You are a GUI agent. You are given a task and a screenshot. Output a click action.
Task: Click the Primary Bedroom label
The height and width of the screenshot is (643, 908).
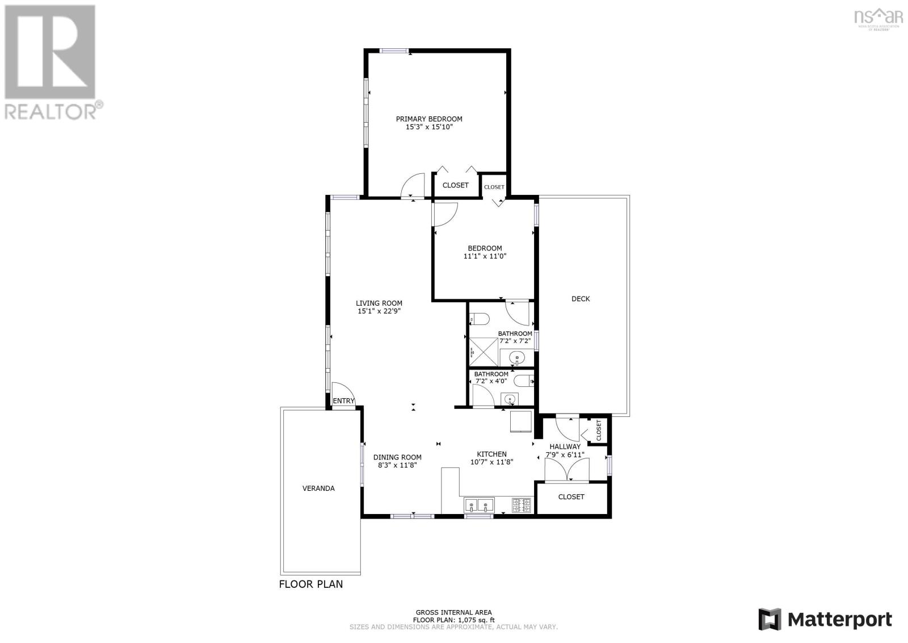(429, 119)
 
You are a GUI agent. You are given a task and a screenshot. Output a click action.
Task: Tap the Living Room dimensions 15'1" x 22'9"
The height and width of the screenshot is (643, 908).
(379, 311)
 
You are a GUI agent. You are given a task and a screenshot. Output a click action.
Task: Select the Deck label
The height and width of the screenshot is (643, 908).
(581, 299)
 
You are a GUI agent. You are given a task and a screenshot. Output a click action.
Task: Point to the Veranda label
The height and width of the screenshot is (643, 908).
(318, 488)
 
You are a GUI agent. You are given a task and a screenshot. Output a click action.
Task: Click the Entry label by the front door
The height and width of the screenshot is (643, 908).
(343, 401)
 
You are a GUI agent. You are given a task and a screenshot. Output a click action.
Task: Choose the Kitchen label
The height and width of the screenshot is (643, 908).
(491, 454)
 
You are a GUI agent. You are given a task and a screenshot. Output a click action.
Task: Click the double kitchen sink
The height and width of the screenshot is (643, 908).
(479, 505)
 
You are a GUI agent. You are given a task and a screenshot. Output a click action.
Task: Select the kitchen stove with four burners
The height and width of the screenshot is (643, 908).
(522, 505)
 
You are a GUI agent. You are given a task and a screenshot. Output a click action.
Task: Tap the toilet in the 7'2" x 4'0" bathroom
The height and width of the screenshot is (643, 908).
(524, 381)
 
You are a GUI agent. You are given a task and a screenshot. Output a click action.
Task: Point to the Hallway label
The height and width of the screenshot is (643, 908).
(565, 446)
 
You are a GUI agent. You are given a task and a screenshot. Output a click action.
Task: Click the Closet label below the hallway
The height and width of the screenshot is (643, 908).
(571, 497)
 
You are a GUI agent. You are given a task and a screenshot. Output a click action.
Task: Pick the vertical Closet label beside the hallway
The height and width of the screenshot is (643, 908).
(599, 430)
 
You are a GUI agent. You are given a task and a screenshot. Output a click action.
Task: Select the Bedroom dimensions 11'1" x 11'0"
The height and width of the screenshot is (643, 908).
(485, 256)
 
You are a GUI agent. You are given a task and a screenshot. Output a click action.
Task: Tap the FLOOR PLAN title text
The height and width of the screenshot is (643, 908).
(311, 584)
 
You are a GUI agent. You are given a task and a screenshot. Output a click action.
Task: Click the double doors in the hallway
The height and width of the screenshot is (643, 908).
(567, 469)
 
